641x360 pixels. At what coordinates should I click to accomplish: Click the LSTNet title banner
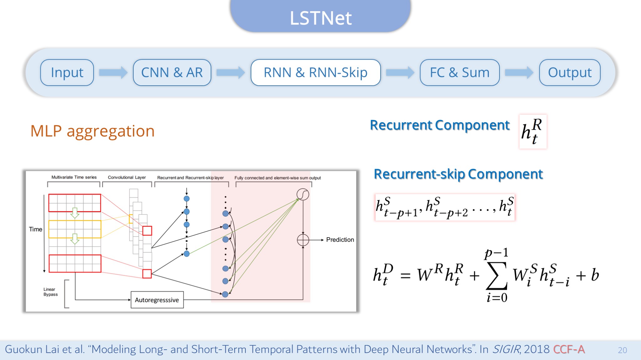[320, 16]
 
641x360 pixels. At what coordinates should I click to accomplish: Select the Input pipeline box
[67, 72]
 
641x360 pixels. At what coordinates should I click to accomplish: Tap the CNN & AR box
[172, 72]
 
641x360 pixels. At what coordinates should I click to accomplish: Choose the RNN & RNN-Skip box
[315, 72]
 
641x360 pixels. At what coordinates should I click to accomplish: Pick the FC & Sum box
[459, 72]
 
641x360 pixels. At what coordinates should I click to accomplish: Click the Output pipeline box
[570, 72]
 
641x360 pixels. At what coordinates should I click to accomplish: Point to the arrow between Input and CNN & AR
[113, 72]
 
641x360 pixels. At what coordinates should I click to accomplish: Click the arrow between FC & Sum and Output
[519, 72]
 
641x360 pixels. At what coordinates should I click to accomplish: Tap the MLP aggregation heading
[92, 131]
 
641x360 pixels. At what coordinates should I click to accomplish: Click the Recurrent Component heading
[440, 125]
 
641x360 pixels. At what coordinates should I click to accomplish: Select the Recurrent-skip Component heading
[458, 174]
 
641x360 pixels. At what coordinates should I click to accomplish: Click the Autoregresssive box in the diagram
[157, 300]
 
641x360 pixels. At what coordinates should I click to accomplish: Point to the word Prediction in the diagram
[340, 240]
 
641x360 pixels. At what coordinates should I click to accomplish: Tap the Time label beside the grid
[35, 229]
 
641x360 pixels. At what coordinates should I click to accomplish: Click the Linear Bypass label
[50, 292]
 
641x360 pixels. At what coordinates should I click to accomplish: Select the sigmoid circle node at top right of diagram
[303, 194]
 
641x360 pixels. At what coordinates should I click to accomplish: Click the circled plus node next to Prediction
[303, 240]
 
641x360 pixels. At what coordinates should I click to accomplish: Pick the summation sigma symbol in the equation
[496, 276]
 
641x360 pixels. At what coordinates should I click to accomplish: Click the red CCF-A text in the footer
[569, 349]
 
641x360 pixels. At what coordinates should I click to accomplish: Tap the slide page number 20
[622, 350]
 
